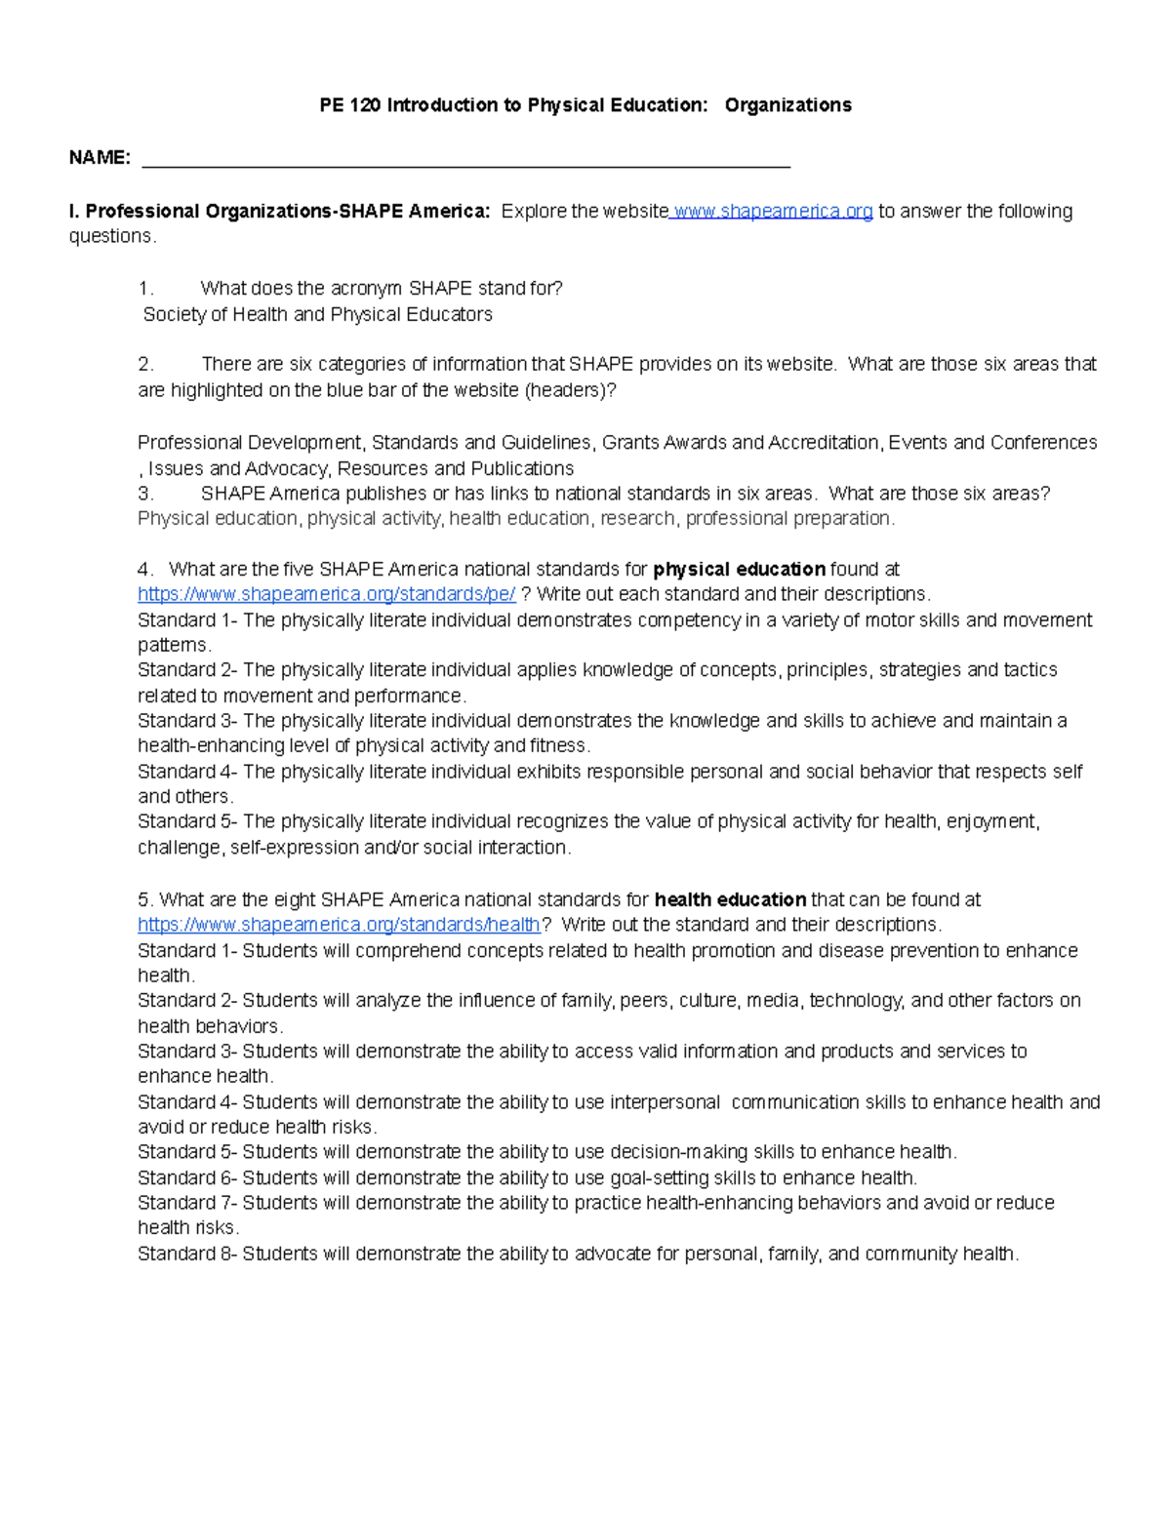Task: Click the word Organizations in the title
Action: (x=787, y=105)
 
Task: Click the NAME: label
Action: (x=100, y=158)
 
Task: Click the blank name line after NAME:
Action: (x=465, y=160)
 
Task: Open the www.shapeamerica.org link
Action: (x=773, y=212)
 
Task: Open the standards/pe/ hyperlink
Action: (x=327, y=594)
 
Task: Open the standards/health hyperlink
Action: (x=339, y=925)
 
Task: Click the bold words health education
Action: (x=730, y=900)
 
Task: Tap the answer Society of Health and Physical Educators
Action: (x=317, y=315)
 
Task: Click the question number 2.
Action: (x=146, y=365)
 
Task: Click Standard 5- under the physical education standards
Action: (x=187, y=822)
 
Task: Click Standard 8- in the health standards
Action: (x=187, y=1255)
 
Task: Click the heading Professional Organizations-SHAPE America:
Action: (x=279, y=212)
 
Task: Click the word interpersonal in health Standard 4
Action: (x=665, y=1102)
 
